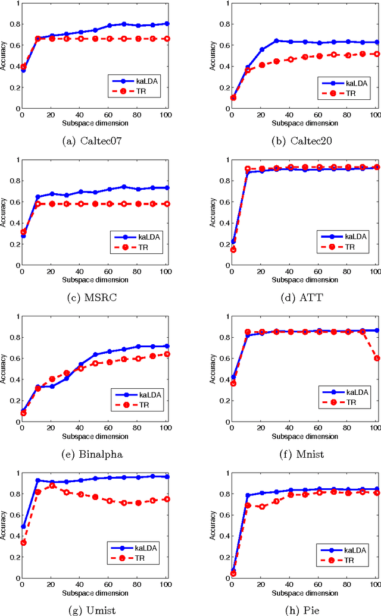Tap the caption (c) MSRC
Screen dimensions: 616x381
[93, 291]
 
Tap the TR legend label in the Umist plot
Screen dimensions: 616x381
[143, 558]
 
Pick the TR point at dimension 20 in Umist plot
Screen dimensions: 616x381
[52, 486]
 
